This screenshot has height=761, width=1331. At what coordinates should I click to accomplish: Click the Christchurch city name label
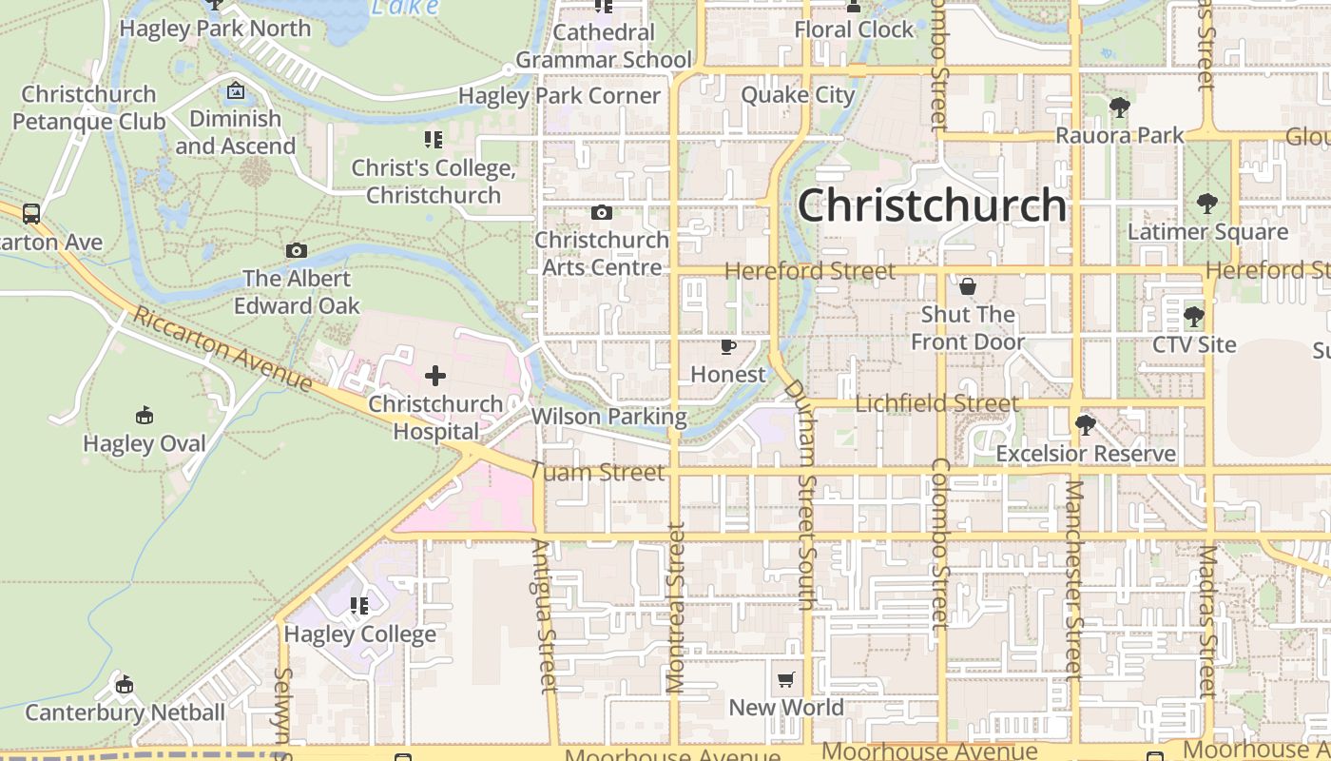point(932,205)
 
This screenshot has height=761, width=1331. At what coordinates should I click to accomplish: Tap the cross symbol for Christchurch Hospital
point(435,376)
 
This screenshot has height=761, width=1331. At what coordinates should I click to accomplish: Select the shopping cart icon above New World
point(785,679)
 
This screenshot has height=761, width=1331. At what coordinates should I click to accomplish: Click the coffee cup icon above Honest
point(728,346)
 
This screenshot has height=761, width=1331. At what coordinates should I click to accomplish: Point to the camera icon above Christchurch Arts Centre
point(601,212)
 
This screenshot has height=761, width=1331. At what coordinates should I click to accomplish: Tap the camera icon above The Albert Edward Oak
point(297,250)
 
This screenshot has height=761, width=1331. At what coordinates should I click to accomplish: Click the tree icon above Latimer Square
point(1206,203)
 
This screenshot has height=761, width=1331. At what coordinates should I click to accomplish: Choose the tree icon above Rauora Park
point(1119,107)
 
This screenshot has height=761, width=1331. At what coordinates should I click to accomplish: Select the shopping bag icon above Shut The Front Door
point(968,286)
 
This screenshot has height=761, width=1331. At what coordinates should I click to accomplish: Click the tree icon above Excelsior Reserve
point(1085,424)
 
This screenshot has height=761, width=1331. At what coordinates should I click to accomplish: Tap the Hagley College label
point(360,634)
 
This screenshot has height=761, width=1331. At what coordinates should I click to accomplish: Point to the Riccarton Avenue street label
point(222,349)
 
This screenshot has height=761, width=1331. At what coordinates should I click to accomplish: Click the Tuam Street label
point(598,472)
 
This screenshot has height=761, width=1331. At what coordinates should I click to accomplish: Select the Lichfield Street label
point(936,403)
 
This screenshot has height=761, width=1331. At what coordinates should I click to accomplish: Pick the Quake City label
point(798,95)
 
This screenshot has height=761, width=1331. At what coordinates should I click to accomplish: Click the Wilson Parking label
point(608,417)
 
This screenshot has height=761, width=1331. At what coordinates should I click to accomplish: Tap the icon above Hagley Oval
point(145,415)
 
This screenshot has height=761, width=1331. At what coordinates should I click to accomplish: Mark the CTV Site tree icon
point(1194,316)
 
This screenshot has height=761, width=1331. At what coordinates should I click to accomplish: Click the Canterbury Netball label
point(125,712)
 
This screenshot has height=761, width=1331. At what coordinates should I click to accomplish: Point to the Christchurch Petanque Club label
point(88,107)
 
